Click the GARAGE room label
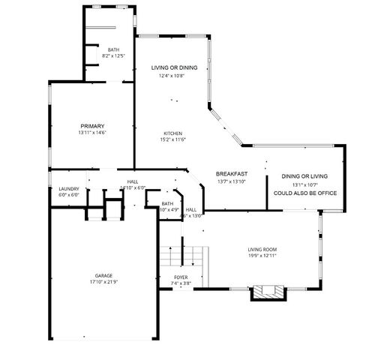pos(103,275)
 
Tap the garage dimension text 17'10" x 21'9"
pos(103,282)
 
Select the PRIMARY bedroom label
pos(92,126)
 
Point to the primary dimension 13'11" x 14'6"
pos(92,133)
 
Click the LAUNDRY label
pos(68,189)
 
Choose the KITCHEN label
pos(173,133)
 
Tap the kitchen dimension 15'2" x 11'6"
pos(173,139)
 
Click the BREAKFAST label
pos(232,174)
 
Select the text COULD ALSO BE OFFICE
pos(305,193)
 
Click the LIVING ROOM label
pos(262,249)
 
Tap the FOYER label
pos(181,277)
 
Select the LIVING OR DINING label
pos(174,68)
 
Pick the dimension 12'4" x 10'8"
pos(172,76)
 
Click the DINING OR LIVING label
pos(304,176)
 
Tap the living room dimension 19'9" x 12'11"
pos(262,256)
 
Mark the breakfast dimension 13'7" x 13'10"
pos(232,181)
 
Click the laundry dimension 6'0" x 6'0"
pos(68,195)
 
